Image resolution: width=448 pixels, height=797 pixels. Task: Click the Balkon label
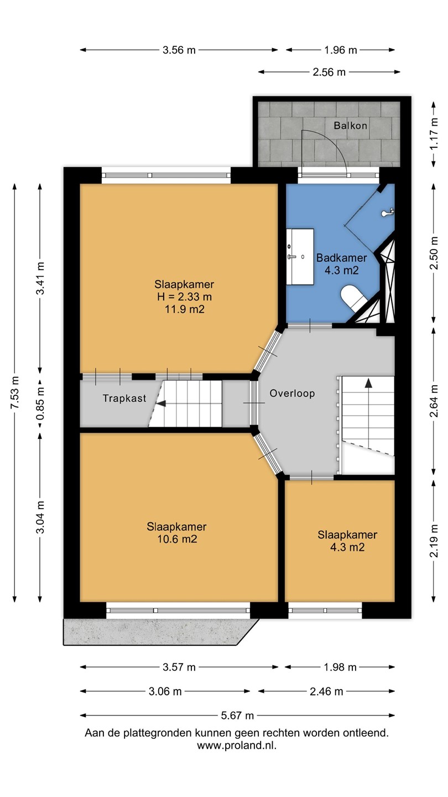[350, 125]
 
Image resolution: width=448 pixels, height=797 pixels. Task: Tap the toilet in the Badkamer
[352, 296]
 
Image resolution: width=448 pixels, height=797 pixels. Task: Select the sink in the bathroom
[300, 257]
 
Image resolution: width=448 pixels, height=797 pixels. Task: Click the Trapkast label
[124, 398]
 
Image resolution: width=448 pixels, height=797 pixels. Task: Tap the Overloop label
[292, 393]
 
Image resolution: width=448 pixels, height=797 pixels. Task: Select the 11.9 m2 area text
[185, 309]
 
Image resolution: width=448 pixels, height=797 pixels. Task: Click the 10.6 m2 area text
[177, 539]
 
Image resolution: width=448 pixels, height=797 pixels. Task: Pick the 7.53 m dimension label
[15, 392]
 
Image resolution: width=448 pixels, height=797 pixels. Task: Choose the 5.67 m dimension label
[237, 715]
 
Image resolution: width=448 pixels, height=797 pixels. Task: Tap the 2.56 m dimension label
[329, 72]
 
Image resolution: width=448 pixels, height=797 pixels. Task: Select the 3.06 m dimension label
[165, 691]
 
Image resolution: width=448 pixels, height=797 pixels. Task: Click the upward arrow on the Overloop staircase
[369, 383]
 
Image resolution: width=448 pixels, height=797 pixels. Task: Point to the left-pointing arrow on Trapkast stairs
[161, 403]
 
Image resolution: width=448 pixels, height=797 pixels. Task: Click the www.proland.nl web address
[237, 746]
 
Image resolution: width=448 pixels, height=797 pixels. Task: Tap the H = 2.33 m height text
[185, 297]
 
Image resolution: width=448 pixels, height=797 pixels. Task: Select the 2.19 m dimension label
[434, 541]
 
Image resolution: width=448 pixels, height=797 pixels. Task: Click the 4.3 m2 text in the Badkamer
[341, 271]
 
